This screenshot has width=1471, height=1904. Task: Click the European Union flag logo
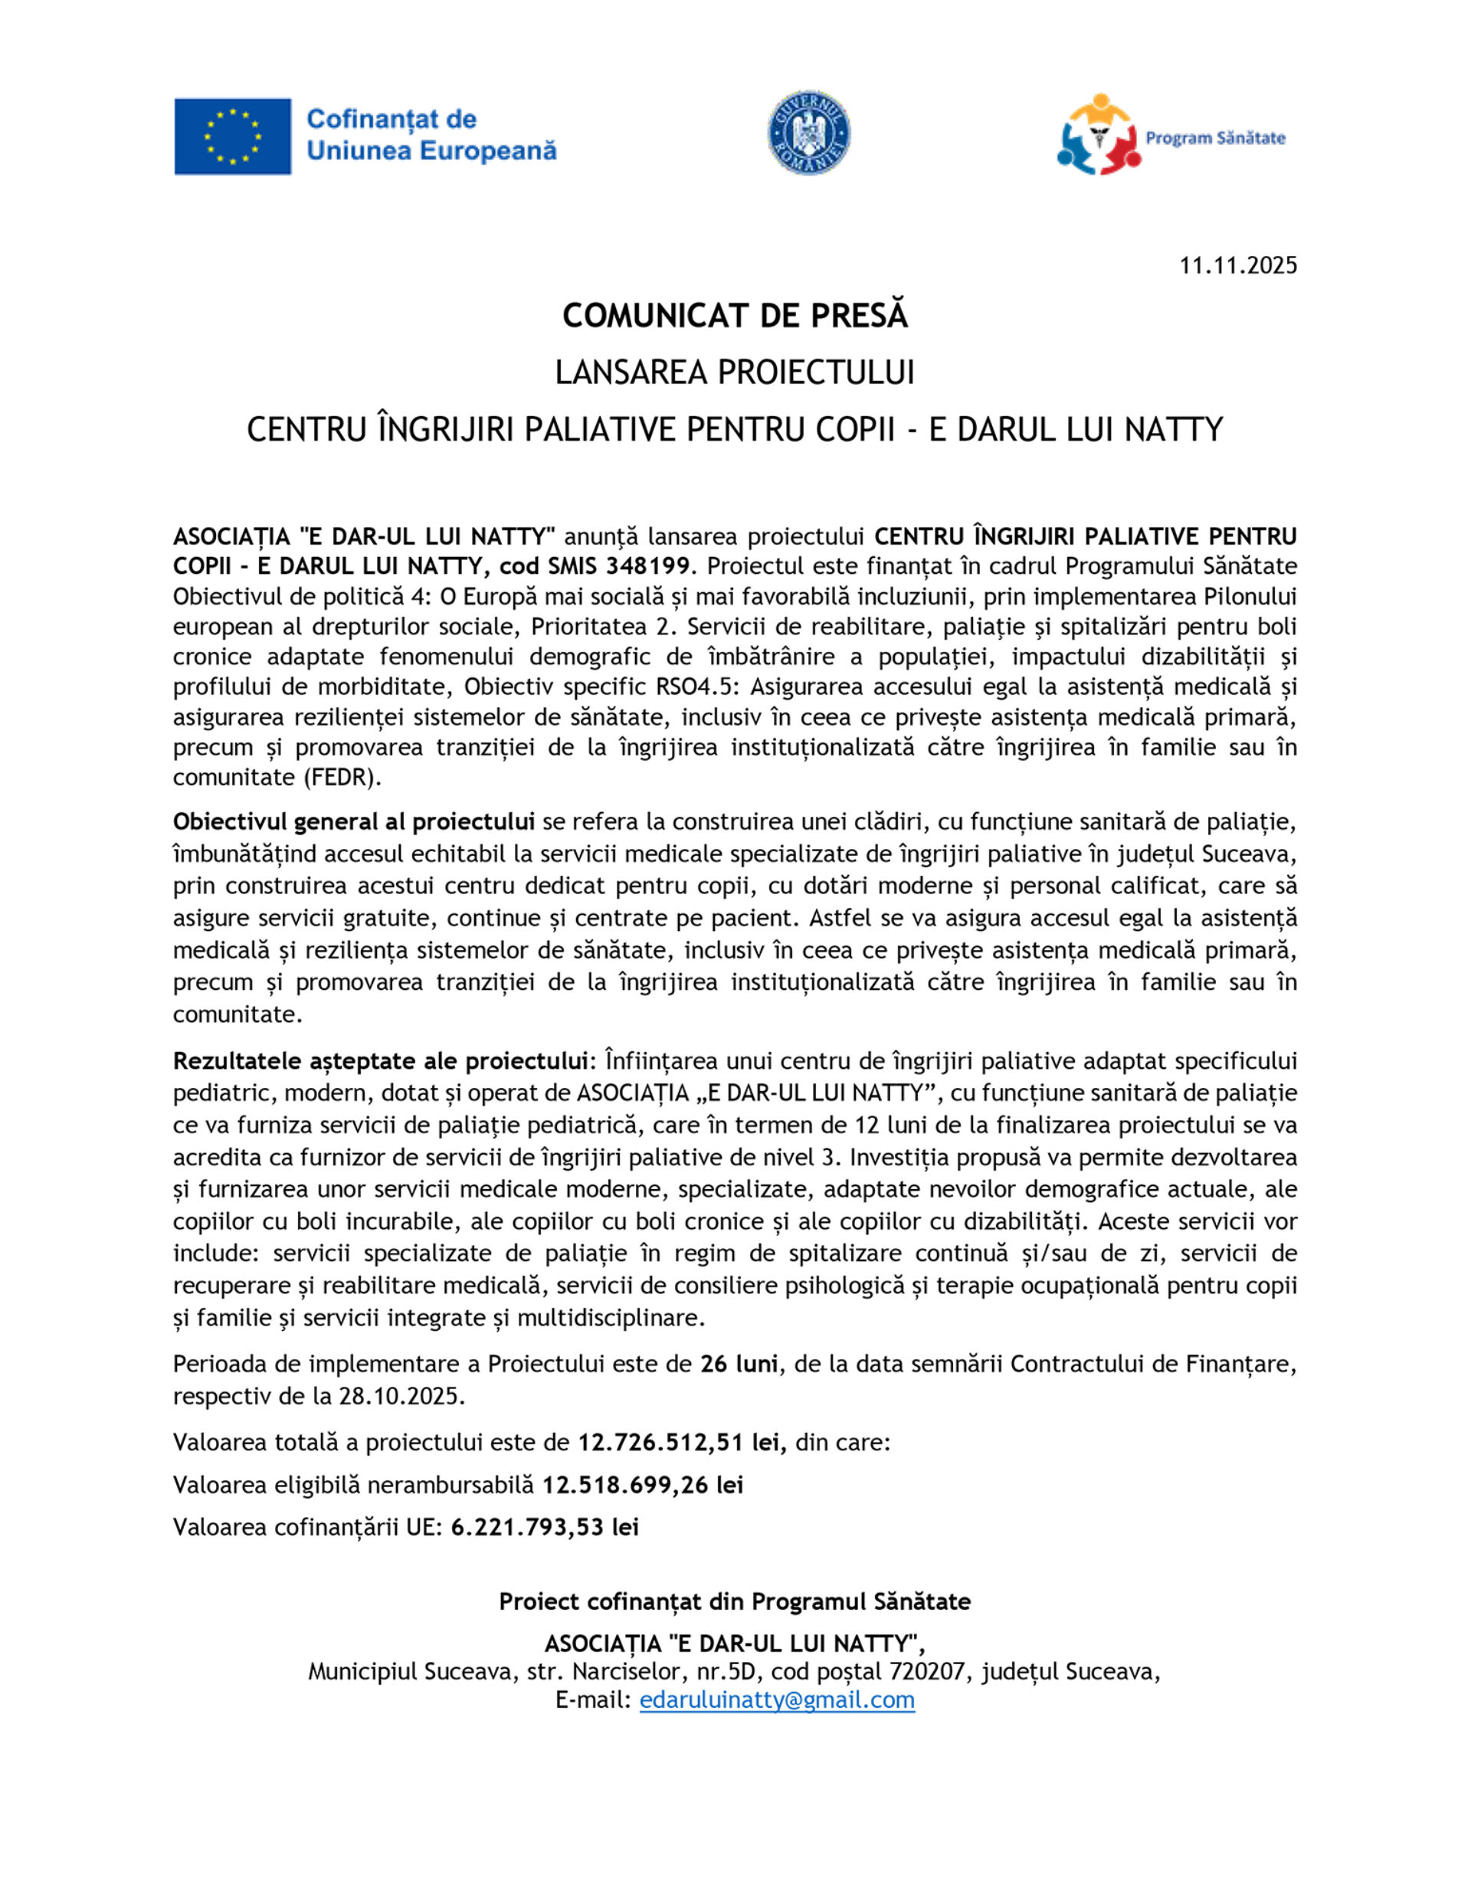[x=232, y=136]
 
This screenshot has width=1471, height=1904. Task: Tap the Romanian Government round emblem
[x=808, y=133]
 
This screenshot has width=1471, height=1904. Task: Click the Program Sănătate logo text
[x=1214, y=138]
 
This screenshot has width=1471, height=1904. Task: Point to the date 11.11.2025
[x=1238, y=265]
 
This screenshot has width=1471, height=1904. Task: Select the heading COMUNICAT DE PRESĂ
[x=735, y=316]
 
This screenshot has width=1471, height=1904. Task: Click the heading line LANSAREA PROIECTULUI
[x=735, y=372]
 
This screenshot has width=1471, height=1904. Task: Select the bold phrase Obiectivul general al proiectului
[x=353, y=821]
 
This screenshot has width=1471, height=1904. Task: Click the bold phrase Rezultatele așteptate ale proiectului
[x=379, y=1061]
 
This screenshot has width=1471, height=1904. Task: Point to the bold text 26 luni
[x=739, y=1364]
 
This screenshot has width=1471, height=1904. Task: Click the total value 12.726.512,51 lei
[x=682, y=1442]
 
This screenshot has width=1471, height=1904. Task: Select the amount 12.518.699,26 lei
[x=643, y=1485]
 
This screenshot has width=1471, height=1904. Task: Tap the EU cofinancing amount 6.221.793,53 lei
[x=545, y=1526]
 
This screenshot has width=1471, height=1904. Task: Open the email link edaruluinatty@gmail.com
[x=777, y=1699]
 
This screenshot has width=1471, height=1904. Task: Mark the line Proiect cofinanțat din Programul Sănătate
[x=735, y=1601]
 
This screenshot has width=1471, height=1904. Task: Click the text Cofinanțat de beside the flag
[x=392, y=119]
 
